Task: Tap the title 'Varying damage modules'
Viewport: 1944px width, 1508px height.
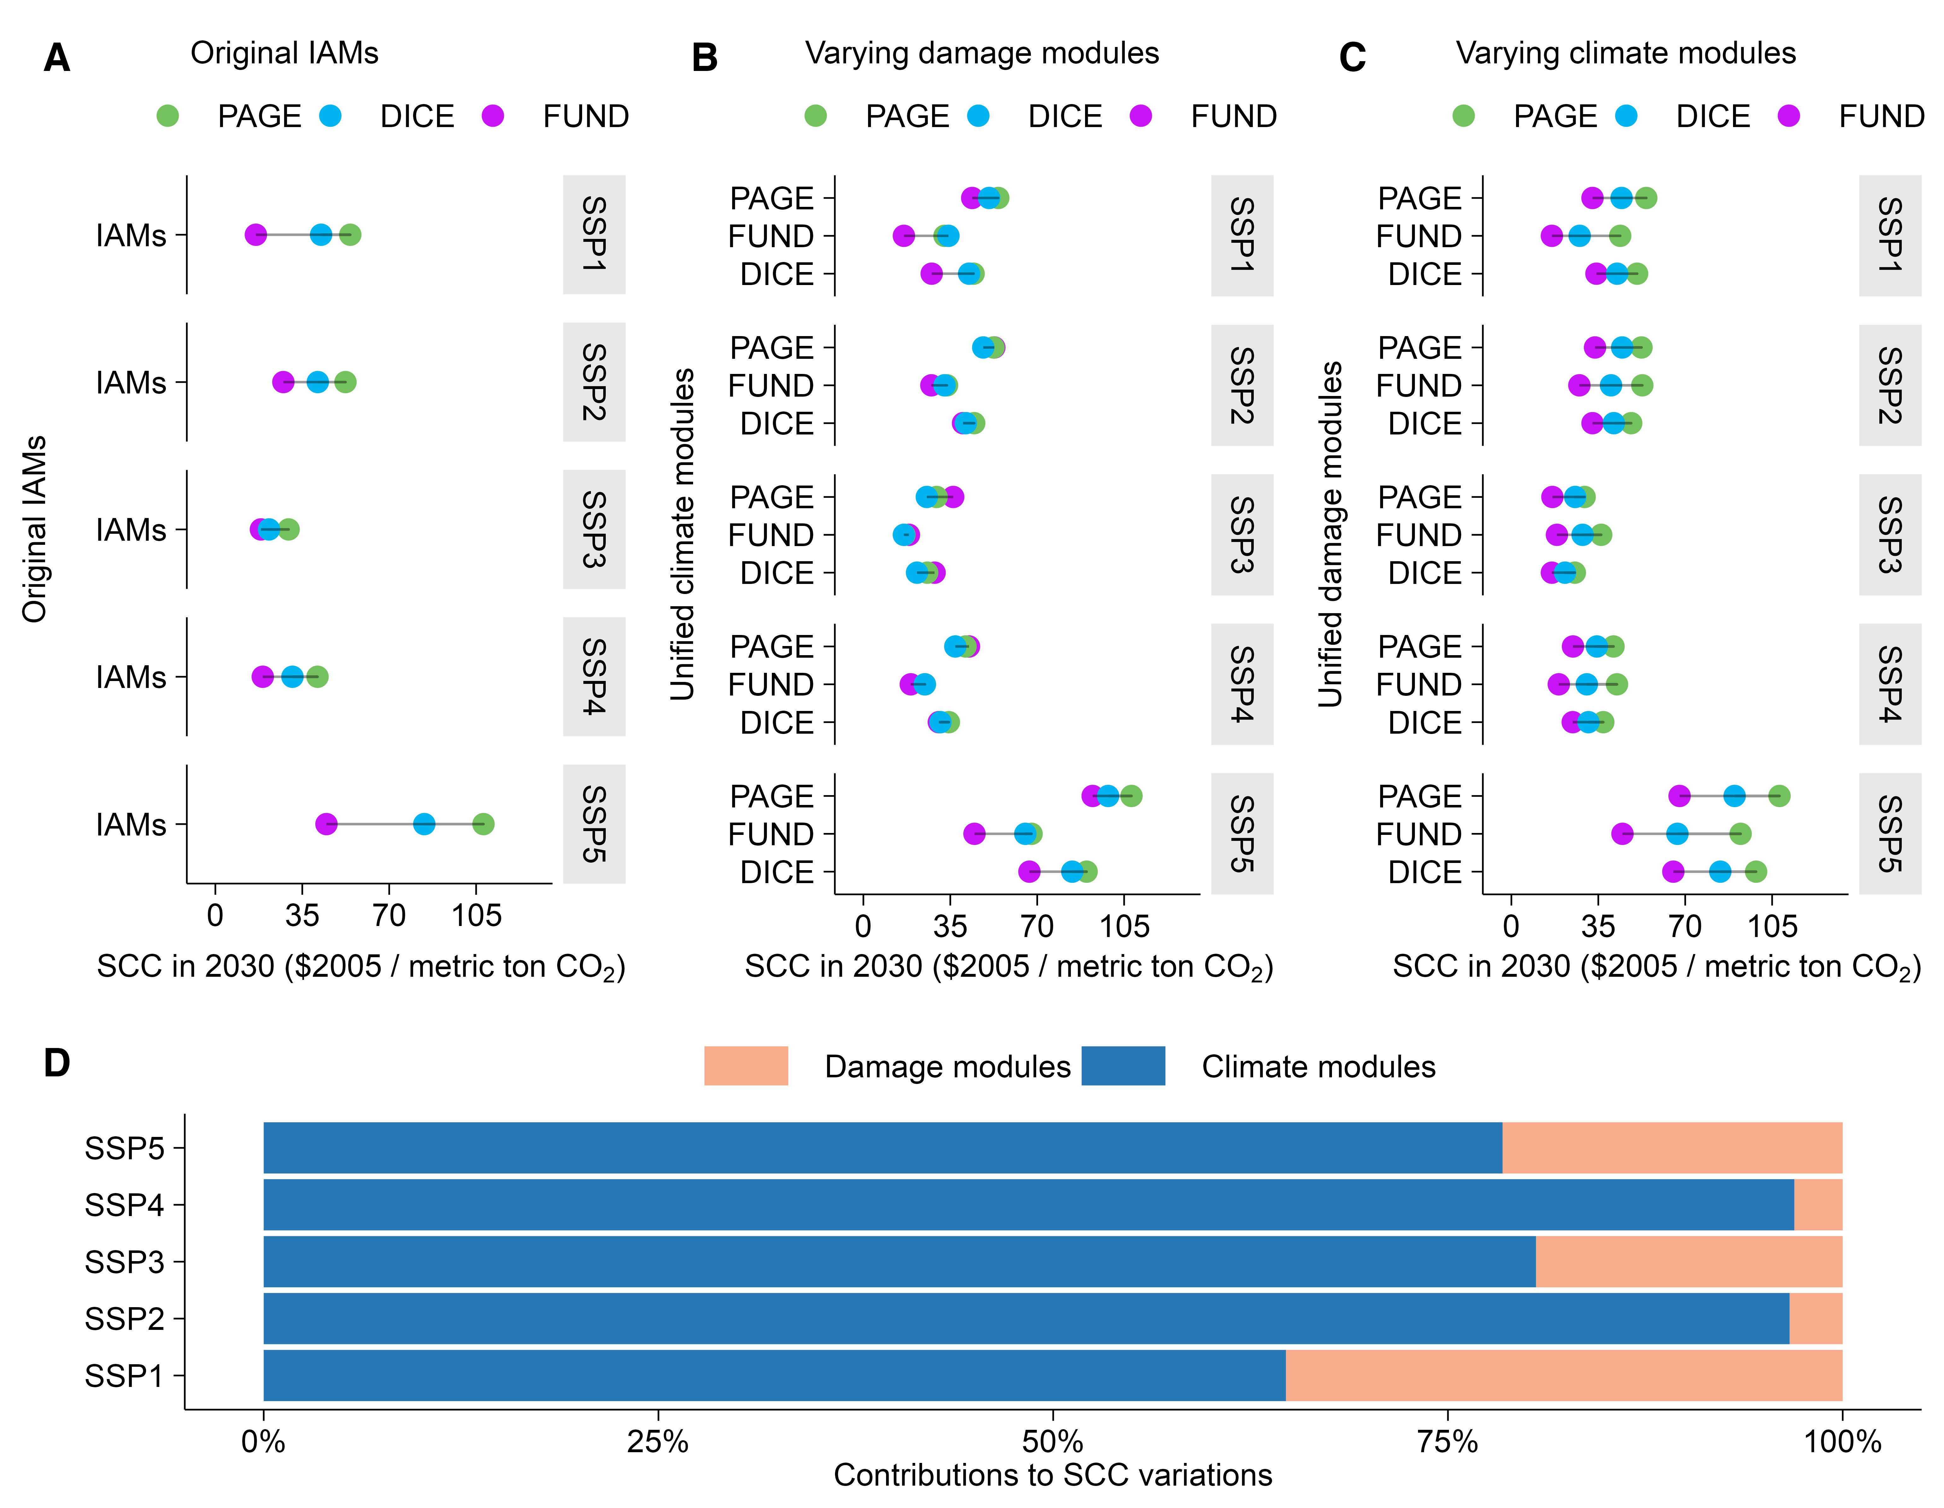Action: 982,53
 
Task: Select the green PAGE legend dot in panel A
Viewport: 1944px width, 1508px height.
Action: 167,116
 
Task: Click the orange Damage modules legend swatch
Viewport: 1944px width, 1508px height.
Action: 746,1066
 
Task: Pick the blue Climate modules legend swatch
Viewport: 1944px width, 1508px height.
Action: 1123,1066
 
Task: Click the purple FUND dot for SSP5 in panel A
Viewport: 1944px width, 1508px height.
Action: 326,824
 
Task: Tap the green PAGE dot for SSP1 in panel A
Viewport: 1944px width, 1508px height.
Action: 350,235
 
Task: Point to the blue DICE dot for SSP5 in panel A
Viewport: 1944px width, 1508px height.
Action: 424,824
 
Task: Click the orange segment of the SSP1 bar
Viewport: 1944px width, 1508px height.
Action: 1563,1375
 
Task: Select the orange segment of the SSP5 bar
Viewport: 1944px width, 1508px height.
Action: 1672,1147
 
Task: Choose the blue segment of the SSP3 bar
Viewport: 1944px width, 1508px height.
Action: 899,1261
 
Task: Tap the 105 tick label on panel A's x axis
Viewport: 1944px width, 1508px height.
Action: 476,915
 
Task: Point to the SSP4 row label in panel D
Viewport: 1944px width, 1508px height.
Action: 125,1204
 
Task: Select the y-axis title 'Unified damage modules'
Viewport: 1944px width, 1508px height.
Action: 1330,534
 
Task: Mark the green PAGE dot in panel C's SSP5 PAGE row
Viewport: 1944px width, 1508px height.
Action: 1778,796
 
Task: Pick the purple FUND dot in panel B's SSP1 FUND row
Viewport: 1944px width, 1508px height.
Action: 903,236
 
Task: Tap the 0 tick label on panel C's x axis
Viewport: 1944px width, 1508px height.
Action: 1510,926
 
